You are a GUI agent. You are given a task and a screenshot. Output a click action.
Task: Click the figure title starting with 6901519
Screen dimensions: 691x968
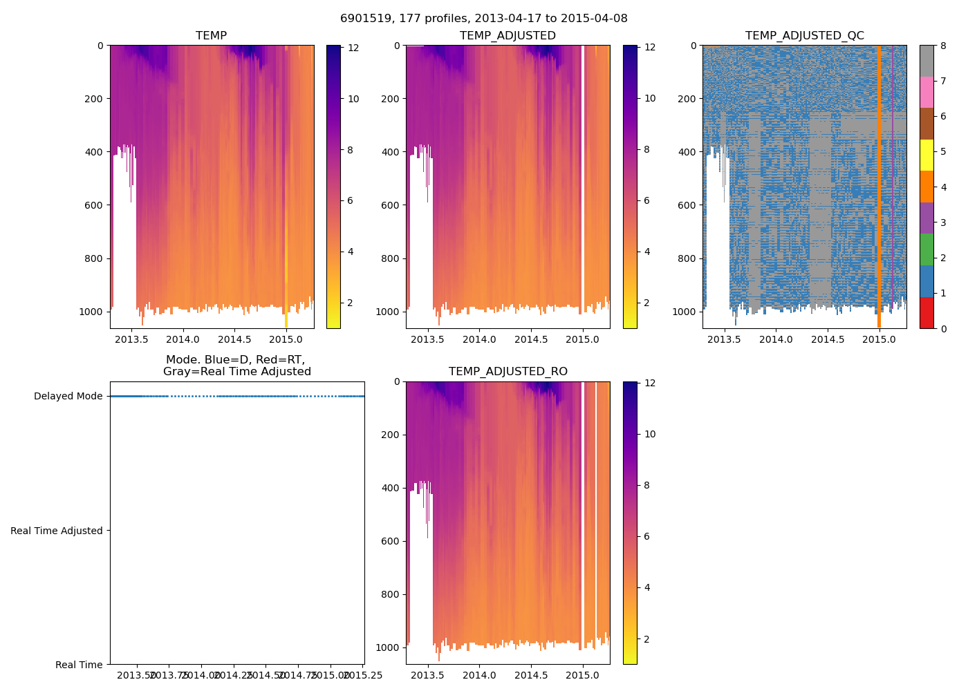point(483,19)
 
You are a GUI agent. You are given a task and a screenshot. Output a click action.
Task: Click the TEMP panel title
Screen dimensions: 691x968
point(211,35)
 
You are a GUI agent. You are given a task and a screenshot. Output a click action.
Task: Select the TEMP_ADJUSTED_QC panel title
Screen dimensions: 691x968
point(804,35)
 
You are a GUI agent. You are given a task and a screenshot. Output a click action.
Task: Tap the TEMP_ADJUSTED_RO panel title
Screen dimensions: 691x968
point(508,372)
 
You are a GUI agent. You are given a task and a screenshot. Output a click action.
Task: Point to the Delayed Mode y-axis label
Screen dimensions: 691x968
point(68,396)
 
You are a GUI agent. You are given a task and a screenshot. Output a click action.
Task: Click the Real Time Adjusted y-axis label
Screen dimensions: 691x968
point(57,531)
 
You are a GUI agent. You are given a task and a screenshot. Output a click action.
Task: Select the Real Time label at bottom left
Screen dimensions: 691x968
point(79,665)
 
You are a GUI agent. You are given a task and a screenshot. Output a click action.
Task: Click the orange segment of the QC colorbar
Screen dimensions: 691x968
point(926,187)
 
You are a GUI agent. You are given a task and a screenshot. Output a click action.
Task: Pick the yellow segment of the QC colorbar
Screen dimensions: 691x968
point(926,155)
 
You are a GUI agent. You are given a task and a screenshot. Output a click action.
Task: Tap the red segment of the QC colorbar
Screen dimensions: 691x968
point(926,312)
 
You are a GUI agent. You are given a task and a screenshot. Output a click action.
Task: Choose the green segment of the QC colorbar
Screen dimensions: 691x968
point(926,249)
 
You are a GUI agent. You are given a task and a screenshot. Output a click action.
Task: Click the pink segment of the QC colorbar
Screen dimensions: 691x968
point(926,92)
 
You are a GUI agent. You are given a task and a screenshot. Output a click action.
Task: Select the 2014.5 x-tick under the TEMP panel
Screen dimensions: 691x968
point(235,339)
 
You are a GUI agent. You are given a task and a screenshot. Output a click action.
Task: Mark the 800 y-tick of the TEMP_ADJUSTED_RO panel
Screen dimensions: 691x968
point(391,594)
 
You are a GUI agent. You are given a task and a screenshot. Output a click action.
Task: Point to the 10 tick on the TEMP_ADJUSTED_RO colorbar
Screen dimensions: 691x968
point(650,434)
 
